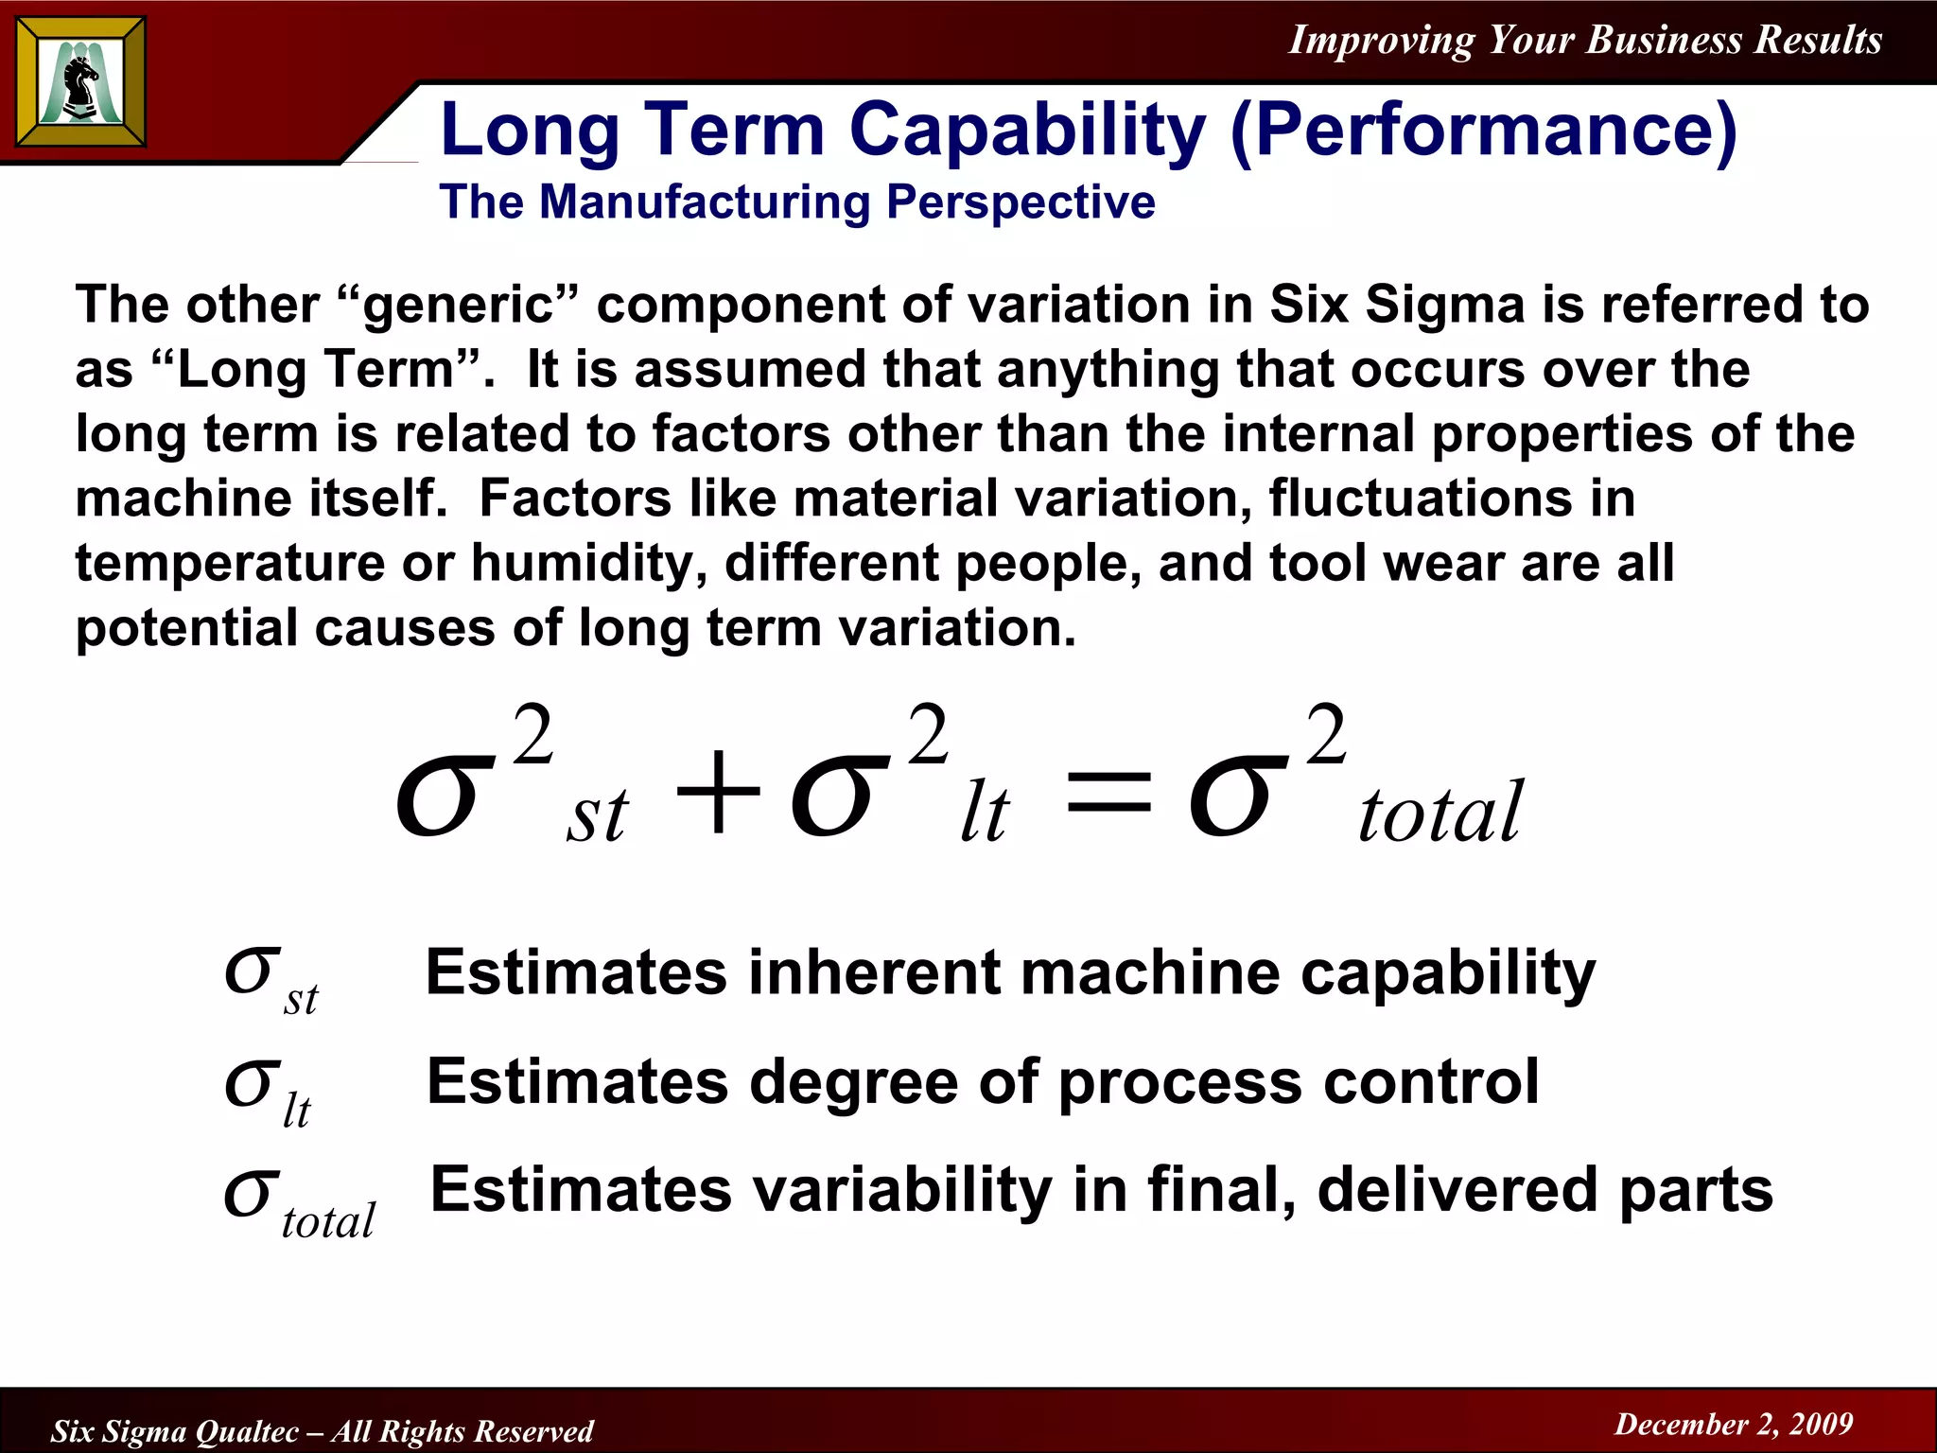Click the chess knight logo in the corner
(x=81, y=82)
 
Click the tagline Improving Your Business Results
(x=1585, y=40)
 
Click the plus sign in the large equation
(x=718, y=792)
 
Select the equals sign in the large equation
(x=1108, y=794)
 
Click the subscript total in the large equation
(x=1440, y=813)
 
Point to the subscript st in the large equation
(x=596, y=814)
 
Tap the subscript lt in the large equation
(x=984, y=814)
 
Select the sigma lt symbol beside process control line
(x=266, y=1091)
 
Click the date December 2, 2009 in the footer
(x=1734, y=1424)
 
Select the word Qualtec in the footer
(x=247, y=1431)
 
